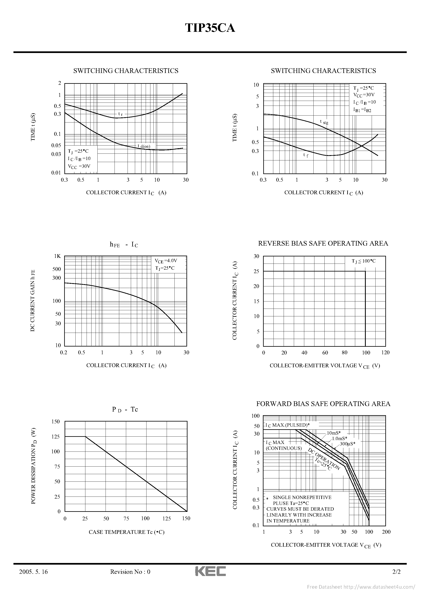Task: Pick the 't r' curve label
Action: pyautogui.click(x=120, y=114)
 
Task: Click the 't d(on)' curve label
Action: pyautogui.click(x=144, y=146)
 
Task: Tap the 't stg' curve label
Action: pyautogui.click(x=324, y=122)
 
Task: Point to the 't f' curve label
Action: pyautogui.click(x=306, y=155)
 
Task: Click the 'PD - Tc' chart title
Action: pyautogui.click(x=125, y=409)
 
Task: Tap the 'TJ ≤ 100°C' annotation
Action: pyautogui.click(x=364, y=261)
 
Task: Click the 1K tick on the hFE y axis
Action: pyautogui.click(x=57, y=256)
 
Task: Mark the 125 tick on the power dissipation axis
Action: pyautogui.click(x=56, y=437)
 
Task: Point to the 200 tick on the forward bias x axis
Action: pyautogui.click(x=386, y=524)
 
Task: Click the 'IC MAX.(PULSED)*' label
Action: pyautogui.click(x=287, y=425)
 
